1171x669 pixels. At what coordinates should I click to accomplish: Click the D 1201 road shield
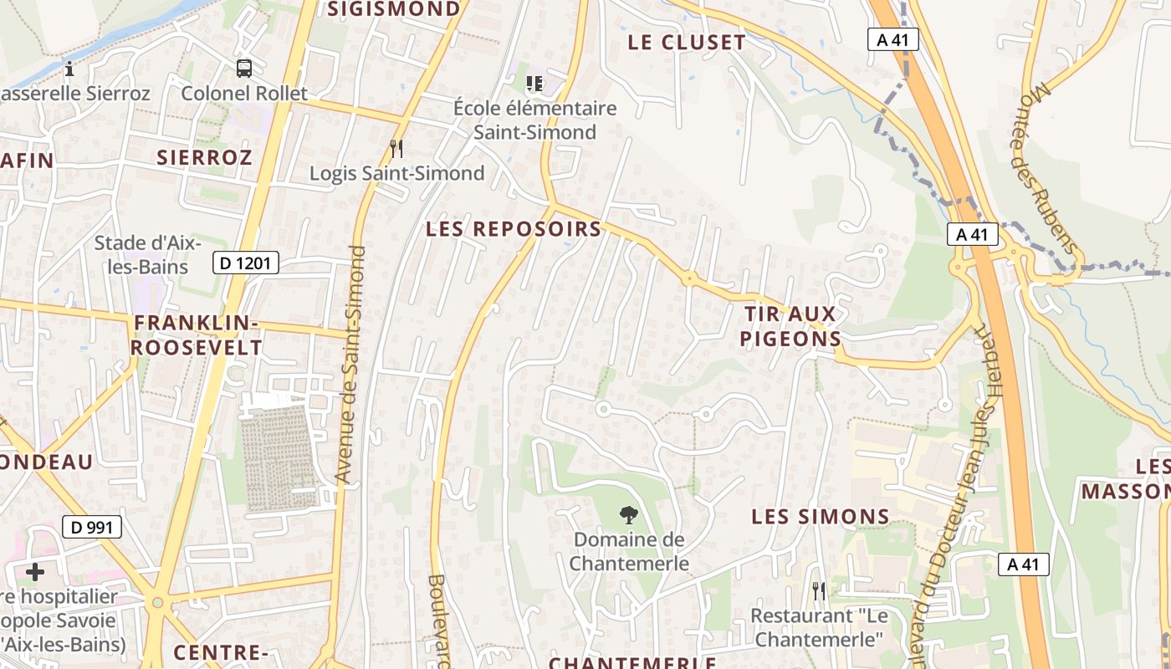click(245, 263)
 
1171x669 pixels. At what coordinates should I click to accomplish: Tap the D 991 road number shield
click(92, 527)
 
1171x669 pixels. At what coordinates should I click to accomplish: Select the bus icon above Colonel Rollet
click(244, 69)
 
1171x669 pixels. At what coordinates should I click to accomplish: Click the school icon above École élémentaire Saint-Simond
click(534, 84)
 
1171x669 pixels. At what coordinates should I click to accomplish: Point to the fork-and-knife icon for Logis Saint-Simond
click(396, 149)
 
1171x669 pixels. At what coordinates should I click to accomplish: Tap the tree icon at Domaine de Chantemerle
click(628, 514)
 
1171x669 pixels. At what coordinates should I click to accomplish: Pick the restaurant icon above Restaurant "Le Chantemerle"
click(818, 590)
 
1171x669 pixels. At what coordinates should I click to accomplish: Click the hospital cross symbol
click(35, 572)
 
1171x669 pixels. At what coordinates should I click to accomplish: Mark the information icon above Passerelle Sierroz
click(69, 68)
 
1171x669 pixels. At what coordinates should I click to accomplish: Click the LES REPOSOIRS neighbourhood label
click(514, 228)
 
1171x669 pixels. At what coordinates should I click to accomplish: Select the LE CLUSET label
click(686, 43)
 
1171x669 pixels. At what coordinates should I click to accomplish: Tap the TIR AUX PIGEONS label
click(791, 326)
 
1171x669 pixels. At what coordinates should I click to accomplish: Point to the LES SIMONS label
click(820, 516)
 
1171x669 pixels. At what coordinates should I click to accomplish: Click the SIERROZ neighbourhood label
click(204, 157)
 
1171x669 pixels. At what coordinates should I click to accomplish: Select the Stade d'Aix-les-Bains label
click(147, 254)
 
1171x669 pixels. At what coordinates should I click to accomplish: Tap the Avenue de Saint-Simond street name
click(350, 364)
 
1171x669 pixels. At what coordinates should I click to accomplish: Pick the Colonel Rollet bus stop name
click(244, 93)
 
